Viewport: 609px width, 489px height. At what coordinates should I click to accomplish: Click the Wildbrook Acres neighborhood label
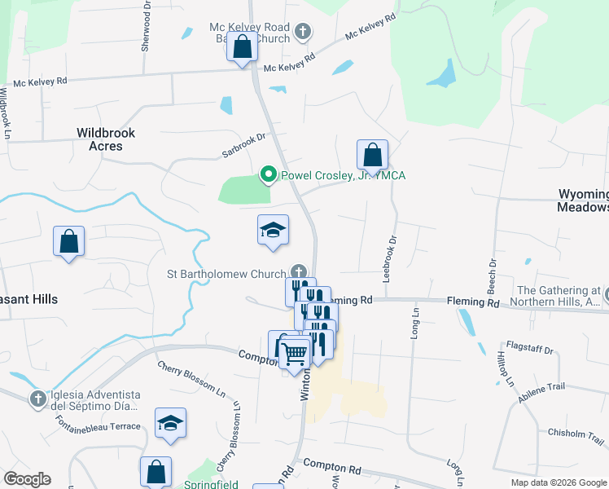pyautogui.click(x=106, y=139)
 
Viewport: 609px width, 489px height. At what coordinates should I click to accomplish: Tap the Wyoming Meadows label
pyautogui.click(x=583, y=200)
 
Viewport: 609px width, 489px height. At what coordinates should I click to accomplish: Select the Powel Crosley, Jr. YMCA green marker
pyautogui.click(x=266, y=174)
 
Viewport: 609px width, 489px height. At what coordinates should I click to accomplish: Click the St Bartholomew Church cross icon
pyautogui.click(x=300, y=272)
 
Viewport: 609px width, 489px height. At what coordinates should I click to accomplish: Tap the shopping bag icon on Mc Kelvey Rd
pyautogui.click(x=242, y=46)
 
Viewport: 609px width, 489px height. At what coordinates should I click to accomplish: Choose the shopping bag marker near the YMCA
pyautogui.click(x=372, y=154)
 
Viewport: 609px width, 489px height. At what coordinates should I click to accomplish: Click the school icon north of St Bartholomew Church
pyautogui.click(x=274, y=231)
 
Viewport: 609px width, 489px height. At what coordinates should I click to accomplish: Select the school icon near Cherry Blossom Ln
pyautogui.click(x=171, y=423)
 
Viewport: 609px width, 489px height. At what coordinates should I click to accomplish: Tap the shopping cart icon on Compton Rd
pyautogui.click(x=294, y=352)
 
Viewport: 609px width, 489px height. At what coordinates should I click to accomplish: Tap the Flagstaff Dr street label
pyautogui.click(x=529, y=350)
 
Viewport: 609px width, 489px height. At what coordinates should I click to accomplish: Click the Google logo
pyautogui.click(x=27, y=479)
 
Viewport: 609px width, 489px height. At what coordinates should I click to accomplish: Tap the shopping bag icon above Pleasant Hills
pyautogui.click(x=69, y=240)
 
